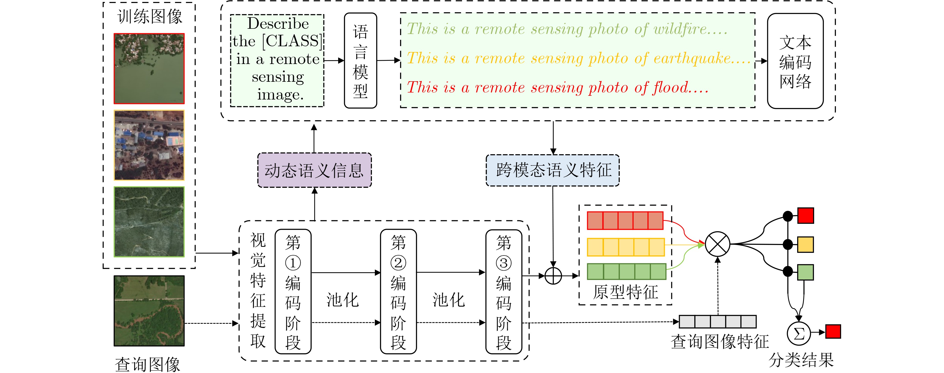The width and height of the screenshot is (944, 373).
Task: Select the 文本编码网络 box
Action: pos(795,61)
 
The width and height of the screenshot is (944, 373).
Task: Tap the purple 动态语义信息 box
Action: pos(314,170)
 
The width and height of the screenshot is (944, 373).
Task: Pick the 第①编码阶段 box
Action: pos(293,291)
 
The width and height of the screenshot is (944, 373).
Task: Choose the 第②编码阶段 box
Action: pos(398,291)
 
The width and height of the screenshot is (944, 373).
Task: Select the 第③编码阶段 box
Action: pos(504,291)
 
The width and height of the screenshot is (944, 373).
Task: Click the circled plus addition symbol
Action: pos(553,276)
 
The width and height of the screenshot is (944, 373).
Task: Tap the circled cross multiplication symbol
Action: pos(717,244)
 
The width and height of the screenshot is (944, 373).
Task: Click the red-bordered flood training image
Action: pos(149,68)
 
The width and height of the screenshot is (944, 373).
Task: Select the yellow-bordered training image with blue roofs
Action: pos(149,145)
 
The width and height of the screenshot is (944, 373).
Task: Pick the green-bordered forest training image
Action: pos(149,221)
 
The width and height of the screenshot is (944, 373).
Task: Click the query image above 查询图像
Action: pos(149,311)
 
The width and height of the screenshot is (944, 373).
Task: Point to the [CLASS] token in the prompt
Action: pos(292,41)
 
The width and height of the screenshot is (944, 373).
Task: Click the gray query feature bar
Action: pos(717,322)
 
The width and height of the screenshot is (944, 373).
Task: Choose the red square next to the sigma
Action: pos(833,331)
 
